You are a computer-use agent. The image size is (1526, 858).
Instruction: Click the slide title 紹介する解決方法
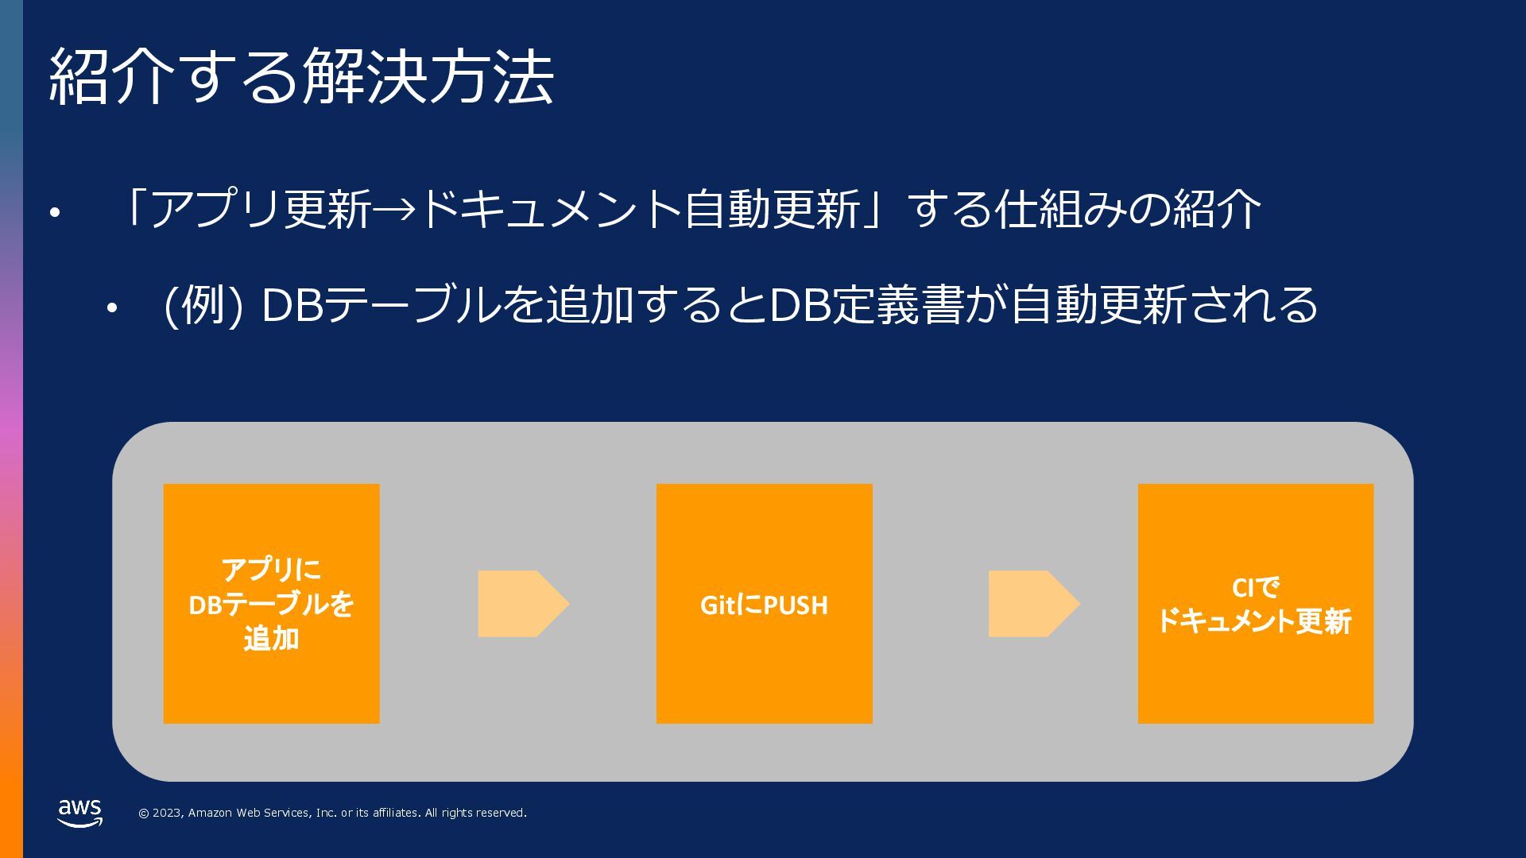click(301, 77)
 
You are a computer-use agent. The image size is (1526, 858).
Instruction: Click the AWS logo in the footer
click(79, 813)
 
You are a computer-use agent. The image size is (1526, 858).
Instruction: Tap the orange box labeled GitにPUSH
click(764, 604)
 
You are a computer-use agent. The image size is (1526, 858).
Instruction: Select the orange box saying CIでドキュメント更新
click(1255, 604)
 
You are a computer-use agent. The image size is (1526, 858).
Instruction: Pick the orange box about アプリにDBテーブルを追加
click(271, 604)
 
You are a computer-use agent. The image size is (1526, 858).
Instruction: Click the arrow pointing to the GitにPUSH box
click(523, 604)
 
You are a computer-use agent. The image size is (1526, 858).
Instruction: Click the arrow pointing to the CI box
click(1033, 604)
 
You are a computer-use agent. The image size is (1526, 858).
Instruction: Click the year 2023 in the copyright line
click(166, 813)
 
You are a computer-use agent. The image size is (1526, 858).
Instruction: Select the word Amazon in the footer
click(211, 813)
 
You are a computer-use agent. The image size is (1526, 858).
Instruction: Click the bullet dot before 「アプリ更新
click(54, 213)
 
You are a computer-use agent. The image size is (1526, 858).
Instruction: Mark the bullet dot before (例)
click(112, 308)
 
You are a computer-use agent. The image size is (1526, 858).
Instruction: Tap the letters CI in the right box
click(1242, 588)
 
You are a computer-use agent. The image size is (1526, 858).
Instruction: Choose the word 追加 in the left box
click(271, 639)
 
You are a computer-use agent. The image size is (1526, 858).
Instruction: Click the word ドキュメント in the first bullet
click(548, 210)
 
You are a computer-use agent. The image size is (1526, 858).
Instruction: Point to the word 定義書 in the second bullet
click(898, 305)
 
